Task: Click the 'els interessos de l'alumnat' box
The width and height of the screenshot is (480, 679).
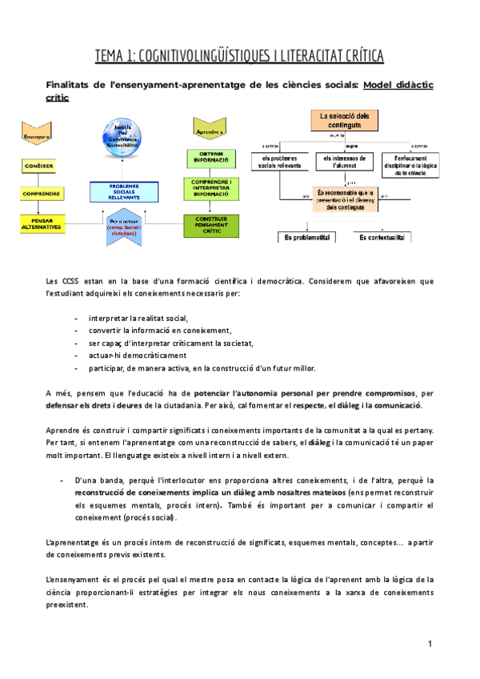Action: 344,163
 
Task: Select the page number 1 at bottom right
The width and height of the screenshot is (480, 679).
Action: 430,644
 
